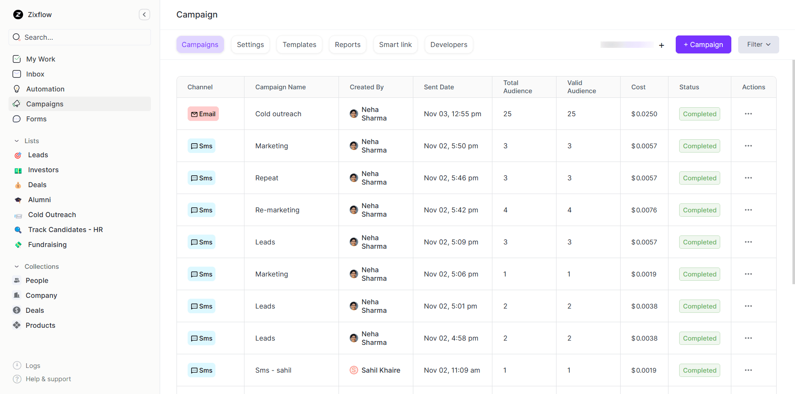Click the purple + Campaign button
click(703, 44)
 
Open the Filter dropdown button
click(758, 44)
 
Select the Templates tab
click(299, 44)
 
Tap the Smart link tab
click(395, 44)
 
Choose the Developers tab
click(448, 44)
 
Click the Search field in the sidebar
click(80, 37)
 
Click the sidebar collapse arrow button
click(144, 15)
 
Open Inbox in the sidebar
click(35, 74)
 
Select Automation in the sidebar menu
click(45, 89)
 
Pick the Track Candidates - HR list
click(65, 229)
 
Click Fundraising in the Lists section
click(47, 244)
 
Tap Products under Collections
click(41, 325)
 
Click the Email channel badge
click(203, 114)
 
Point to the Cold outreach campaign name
click(278, 114)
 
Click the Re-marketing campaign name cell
click(277, 210)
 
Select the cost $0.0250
click(644, 114)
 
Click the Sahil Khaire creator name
click(381, 370)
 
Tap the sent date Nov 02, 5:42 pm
click(451, 210)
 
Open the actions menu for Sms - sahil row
click(748, 370)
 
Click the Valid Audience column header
click(581, 87)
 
